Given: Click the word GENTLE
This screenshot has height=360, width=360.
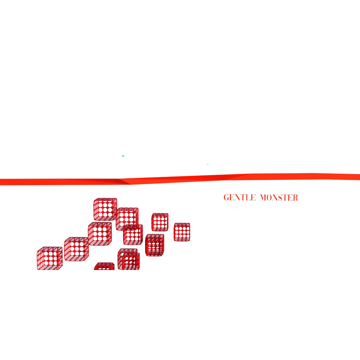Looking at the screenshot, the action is [x=240, y=198].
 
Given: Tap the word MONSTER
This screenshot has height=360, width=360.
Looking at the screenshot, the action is [x=279, y=198].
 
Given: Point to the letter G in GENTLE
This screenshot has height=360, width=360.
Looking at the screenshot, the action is [x=226, y=198].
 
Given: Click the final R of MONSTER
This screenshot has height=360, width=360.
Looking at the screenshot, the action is [x=295, y=198].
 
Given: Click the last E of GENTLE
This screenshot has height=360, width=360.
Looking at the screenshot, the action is [x=253, y=198].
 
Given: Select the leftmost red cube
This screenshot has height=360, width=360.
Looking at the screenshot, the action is [x=50, y=258].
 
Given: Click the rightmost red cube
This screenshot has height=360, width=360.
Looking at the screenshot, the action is [x=182, y=232].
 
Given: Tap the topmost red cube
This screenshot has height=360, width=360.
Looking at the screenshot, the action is [x=105, y=209].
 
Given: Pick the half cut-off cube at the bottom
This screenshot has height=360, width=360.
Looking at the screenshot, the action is [x=104, y=266].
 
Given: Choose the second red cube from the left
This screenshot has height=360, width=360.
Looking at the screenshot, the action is [x=76, y=249].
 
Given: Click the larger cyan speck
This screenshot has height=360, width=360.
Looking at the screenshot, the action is [x=123, y=156].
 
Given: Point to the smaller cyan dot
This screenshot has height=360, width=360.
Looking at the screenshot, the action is [x=208, y=165].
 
